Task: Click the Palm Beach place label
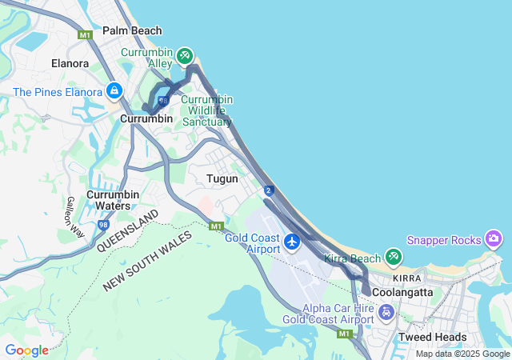click(132, 31)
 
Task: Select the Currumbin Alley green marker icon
click(185, 54)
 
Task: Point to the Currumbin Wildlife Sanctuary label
click(206, 110)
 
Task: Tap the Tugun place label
click(222, 179)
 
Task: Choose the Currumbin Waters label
click(113, 200)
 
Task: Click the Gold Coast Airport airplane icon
click(292, 241)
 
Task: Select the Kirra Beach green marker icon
click(393, 257)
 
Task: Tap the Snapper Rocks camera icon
click(494, 238)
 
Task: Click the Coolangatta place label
click(402, 293)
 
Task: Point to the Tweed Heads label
click(432, 337)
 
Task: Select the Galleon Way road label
click(74, 216)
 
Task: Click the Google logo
click(26, 350)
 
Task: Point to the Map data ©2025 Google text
click(462, 354)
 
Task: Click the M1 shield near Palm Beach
click(86, 35)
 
